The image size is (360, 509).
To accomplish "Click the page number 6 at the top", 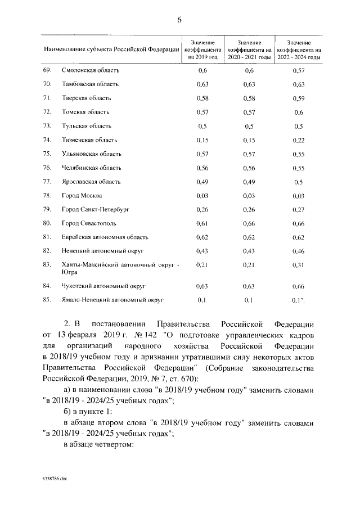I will tap(179, 20).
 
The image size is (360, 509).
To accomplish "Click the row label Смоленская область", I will tap(90, 70).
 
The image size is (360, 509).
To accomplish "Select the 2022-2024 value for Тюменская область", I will tap(299, 139).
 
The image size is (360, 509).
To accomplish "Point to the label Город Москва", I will tap(82, 195).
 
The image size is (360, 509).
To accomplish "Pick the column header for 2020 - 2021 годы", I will tap(249, 50).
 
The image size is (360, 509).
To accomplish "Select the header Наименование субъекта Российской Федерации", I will tap(111, 50).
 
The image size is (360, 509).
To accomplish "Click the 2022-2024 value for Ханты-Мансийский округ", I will tap(299, 264).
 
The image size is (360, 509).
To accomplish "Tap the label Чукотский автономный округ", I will tap(100, 286).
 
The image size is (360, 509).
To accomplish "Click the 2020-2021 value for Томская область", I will tap(249, 112).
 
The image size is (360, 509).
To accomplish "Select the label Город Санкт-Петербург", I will tap(95, 209).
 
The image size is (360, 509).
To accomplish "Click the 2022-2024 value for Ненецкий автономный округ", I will tap(299, 250).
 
